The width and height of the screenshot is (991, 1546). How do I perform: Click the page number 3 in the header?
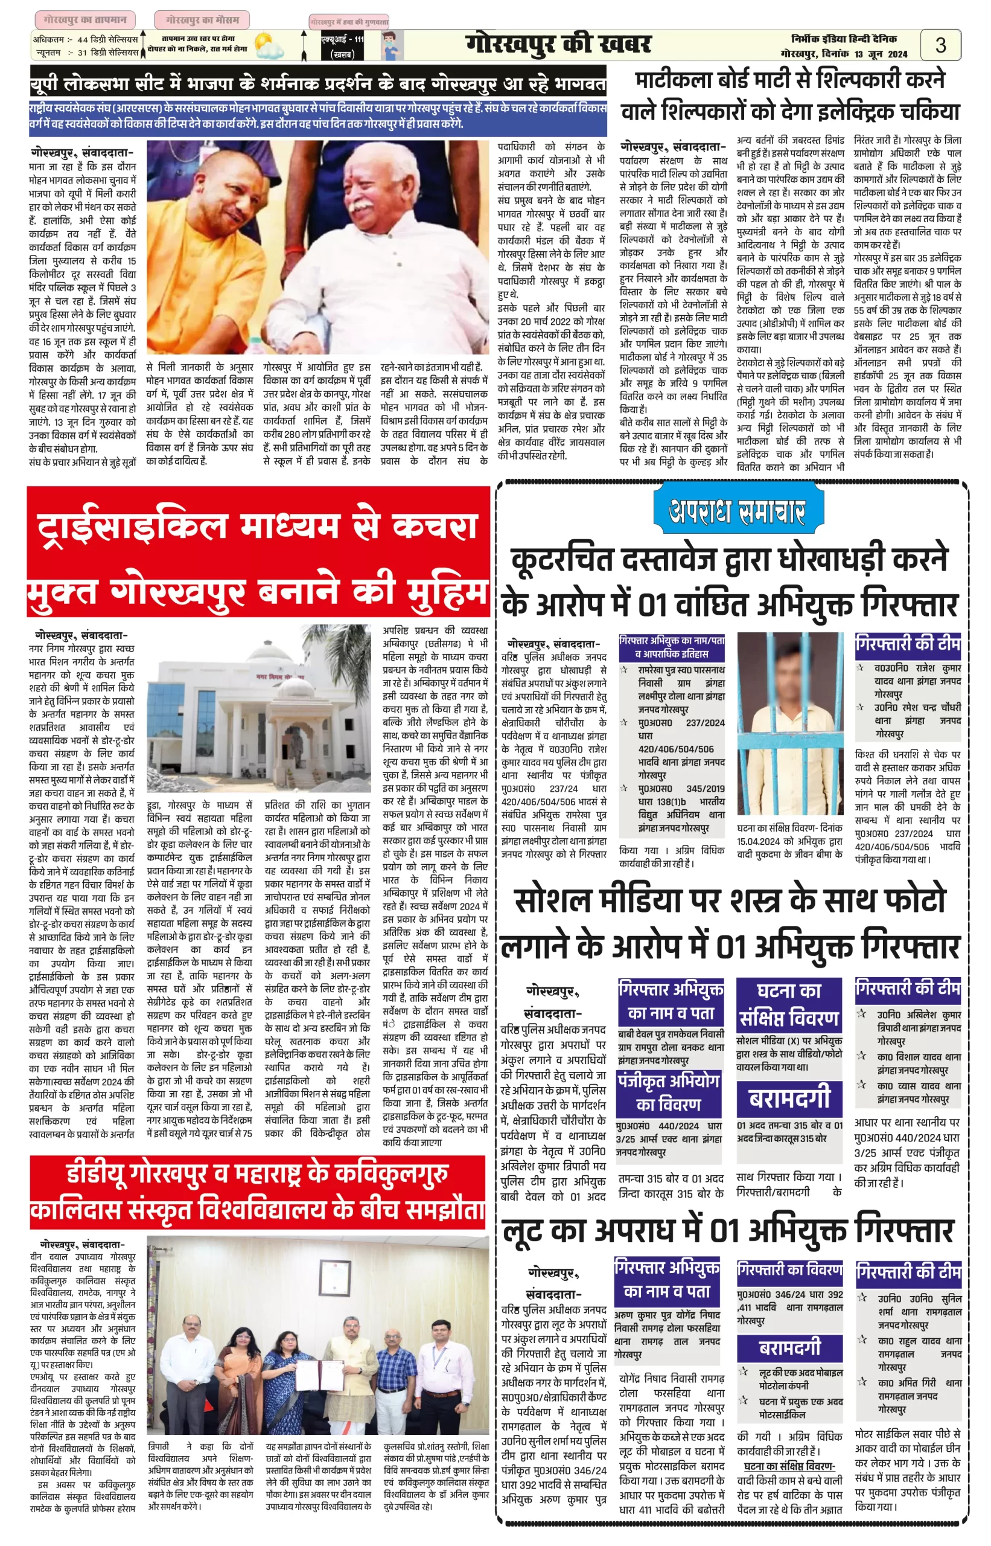pos(940,45)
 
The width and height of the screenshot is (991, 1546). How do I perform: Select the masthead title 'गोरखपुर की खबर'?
pos(558,45)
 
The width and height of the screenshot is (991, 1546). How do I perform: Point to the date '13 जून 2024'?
pos(881,55)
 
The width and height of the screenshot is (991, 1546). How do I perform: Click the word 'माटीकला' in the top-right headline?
pos(677,80)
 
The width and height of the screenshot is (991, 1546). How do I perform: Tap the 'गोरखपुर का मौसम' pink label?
pos(202,20)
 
